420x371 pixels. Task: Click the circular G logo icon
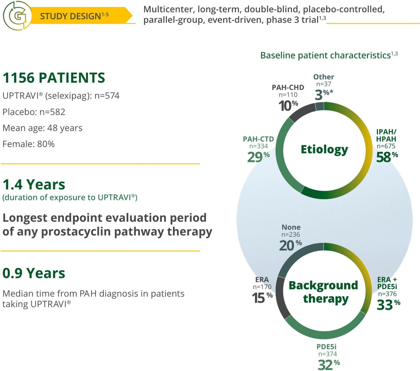(x=17, y=15)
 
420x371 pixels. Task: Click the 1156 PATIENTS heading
(x=54, y=77)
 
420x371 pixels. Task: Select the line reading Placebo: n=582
(x=34, y=112)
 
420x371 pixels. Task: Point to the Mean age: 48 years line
(x=42, y=128)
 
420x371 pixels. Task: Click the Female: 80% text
(x=28, y=144)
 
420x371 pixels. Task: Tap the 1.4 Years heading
(x=34, y=184)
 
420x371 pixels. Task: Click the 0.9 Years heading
(x=34, y=273)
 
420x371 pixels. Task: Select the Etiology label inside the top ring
(x=324, y=149)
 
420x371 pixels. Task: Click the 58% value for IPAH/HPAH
(x=387, y=157)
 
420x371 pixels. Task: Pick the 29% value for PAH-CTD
(x=258, y=157)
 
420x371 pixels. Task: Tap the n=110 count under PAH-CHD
(x=288, y=95)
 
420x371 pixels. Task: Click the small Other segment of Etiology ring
(x=320, y=106)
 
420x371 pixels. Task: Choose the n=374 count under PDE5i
(x=328, y=354)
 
